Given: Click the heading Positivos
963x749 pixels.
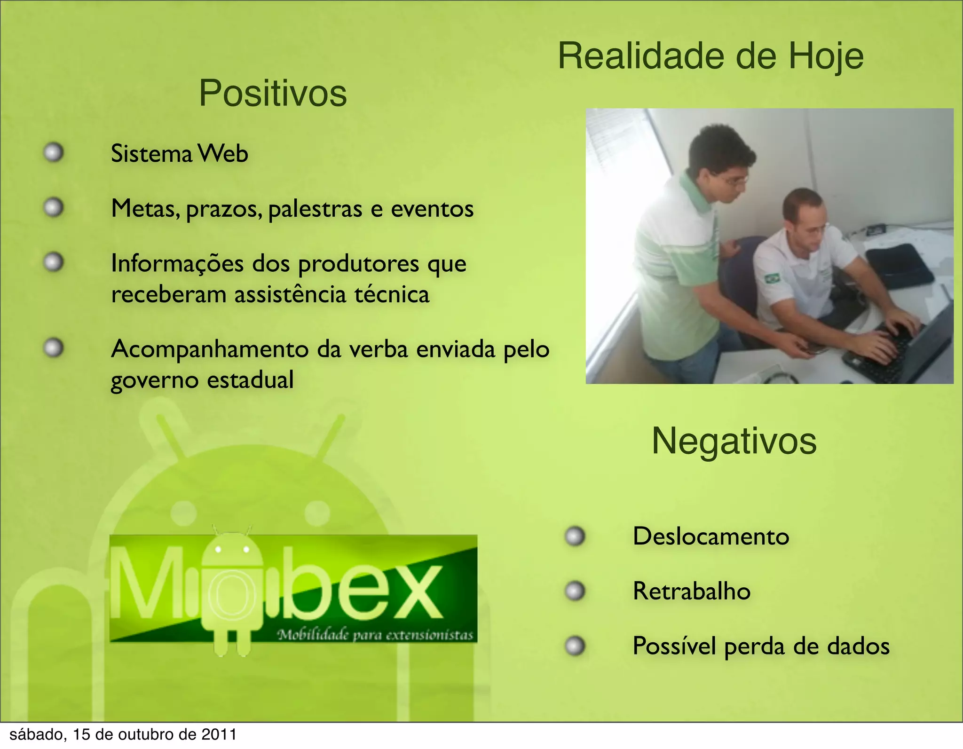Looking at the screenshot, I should [x=273, y=93].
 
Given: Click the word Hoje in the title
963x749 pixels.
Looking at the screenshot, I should [x=826, y=56].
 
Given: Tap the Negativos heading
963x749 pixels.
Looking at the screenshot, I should [x=734, y=441].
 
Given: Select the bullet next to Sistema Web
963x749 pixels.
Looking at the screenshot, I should [x=54, y=152].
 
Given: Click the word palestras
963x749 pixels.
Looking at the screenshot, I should [x=315, y=209].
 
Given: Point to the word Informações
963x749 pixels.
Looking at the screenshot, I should [x=177, y=263].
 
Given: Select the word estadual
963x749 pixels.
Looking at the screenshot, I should [x=250, y=380].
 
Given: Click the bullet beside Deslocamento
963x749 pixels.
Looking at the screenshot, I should [x=575, y=536].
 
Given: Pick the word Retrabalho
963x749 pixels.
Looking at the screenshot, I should [x=691, y=591].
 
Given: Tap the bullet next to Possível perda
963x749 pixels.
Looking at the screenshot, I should [x=575, y=646].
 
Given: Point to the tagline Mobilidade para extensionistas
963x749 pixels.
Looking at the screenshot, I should [x=375, y=635].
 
